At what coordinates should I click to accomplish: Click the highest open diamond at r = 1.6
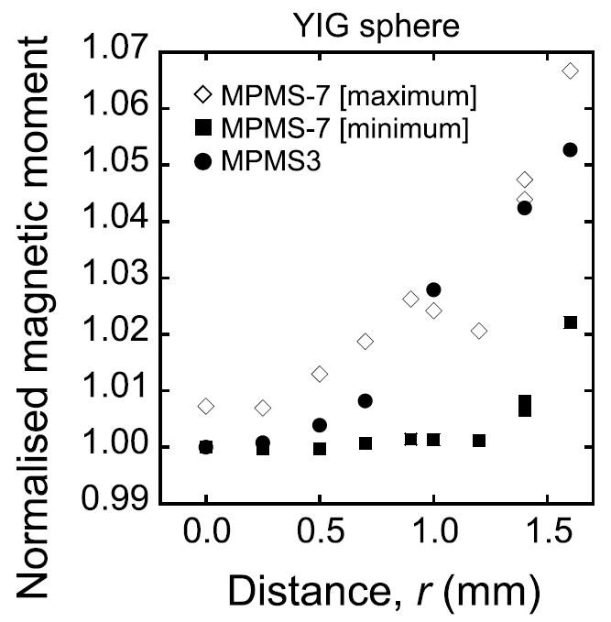pyautogui.click(x=570, y=71)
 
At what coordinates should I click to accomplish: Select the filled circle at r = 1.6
pyautogui.click(x=570, y=149)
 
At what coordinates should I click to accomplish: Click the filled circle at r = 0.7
pyautogui.click(x=366, y=400)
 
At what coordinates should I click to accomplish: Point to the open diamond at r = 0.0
pyautogui.click(x=206, y=406)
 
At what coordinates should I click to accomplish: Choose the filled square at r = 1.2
pyautogui.click(x=479, y=441)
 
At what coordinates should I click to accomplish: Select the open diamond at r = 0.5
pyautogui.click(x=320, y=374)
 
